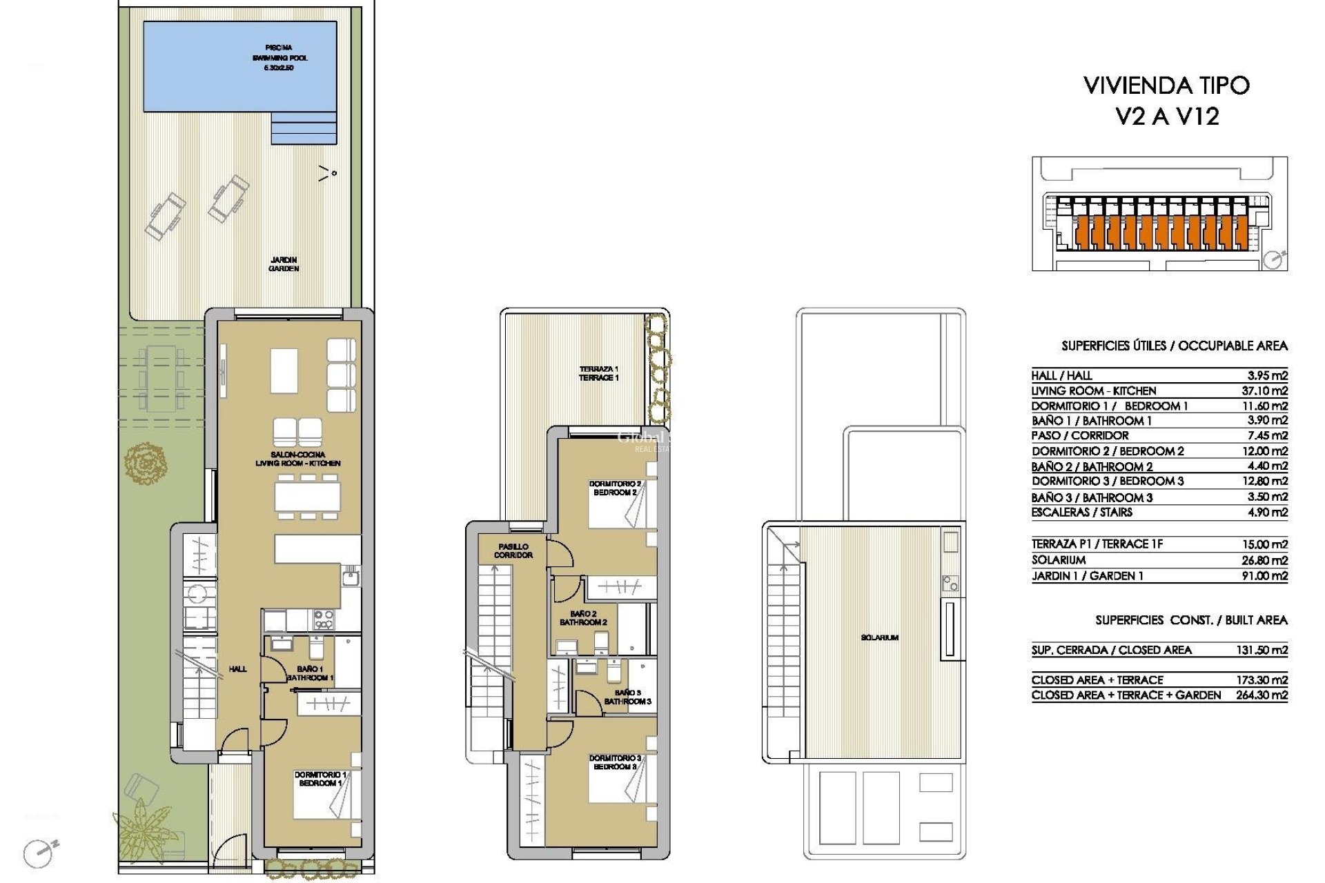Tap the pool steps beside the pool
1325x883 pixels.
coord(304,128)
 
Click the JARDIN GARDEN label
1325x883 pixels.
coord(284,264)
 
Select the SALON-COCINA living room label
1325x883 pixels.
coord(297,459)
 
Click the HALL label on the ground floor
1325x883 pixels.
coord(237,668)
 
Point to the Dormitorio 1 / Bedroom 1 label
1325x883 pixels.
coord(320,779)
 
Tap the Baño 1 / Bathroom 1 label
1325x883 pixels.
coord(310,673)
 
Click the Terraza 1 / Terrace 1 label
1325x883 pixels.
coord(598,373)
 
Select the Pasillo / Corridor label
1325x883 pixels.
coord(513,550)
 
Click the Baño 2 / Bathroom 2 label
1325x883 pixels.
coord(583,618)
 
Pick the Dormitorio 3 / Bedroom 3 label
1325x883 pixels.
coord(614,762)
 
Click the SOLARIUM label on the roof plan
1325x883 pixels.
coord(879,637)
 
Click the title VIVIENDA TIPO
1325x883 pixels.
coord(1166,86)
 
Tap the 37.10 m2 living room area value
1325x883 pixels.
coord(1264,391)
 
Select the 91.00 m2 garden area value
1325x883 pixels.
coord(1264,576)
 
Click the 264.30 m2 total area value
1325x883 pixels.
coord(1262,695)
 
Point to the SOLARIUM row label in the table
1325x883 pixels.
coord(1059,560)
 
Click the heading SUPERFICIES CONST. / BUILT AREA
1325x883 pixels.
coord(1191,620)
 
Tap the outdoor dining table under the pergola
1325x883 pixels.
coord(162,379)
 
